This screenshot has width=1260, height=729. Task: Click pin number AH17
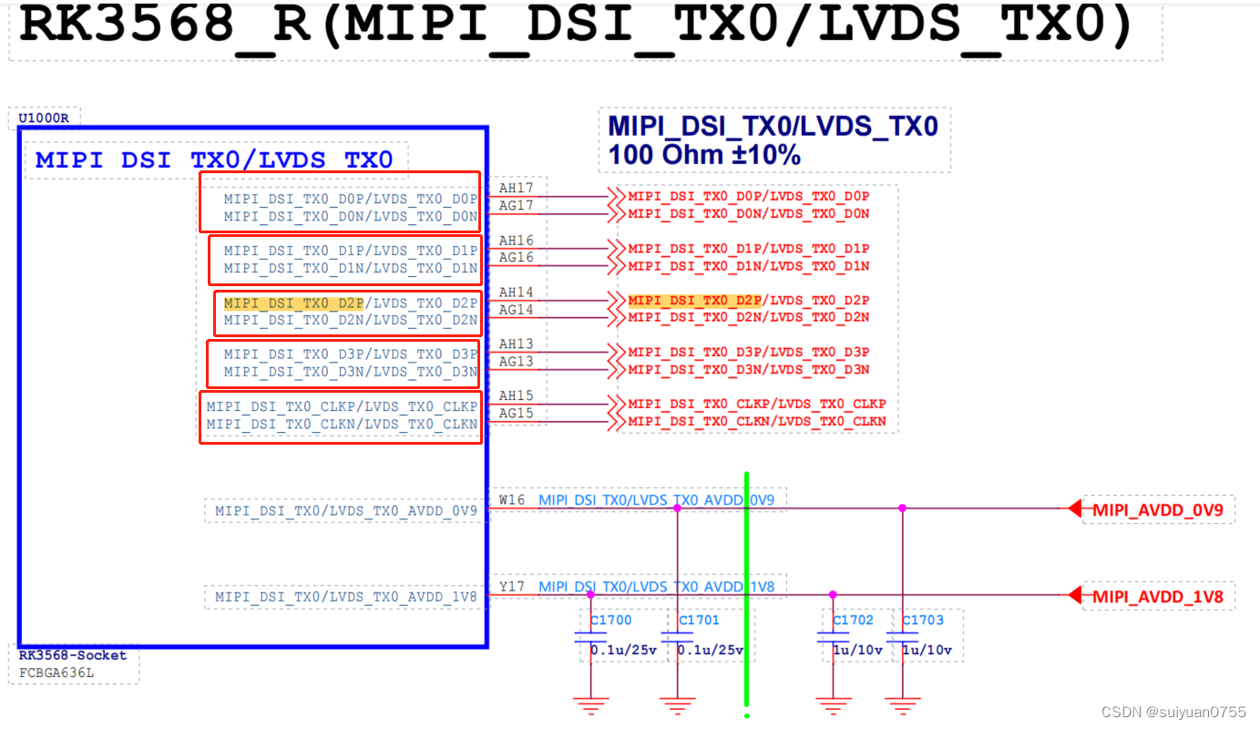[516, 189]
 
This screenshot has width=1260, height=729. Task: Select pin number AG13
[516, 362]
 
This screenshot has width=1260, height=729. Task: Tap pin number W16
[512, 499]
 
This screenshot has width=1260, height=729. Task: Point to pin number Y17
[512, 586]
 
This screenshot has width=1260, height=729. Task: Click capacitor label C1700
[610, 621]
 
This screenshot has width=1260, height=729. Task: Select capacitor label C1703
[923, 621]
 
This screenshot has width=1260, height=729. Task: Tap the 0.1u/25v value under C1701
[711, 650]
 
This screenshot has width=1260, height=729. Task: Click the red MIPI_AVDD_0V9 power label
[1158, 510]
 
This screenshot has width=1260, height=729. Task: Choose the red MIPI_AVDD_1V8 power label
[1158, 597]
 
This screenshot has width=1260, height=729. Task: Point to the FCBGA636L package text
[56, 673]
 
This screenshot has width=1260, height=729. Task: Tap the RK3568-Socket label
[73, 655]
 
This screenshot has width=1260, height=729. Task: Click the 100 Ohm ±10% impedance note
[704, 155]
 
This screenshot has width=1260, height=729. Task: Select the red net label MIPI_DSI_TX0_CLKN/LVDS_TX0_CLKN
[756, 422]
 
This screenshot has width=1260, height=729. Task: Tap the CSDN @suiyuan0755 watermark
[1173, 712]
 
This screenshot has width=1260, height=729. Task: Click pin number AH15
[516, 396]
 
